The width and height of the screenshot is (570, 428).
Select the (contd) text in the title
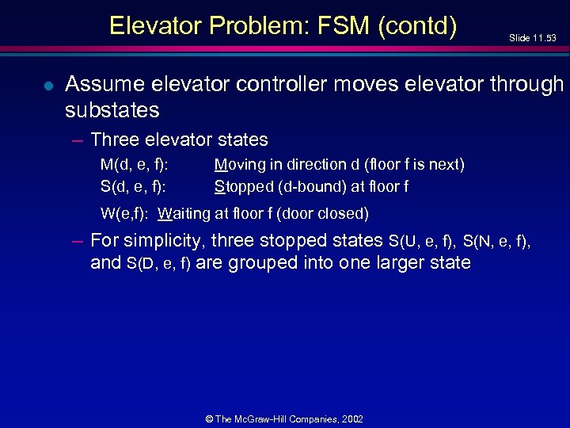point(417,26)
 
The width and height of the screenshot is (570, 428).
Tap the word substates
point(112,109)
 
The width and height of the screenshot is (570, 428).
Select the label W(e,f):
point(126,213)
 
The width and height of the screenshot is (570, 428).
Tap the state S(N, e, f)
point(497,241)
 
